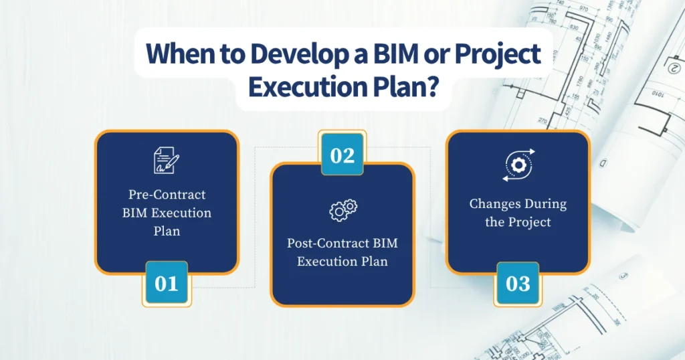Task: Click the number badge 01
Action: (167, 283)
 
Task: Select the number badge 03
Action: (517, 283)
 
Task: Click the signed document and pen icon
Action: (166, 161)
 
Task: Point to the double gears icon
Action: (342, 210)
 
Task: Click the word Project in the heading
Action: (498, 54)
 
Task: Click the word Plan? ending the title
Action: (408, 88)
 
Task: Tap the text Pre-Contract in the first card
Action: (167, 195)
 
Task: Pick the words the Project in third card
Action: (517, 221)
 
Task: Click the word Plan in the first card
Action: (167, 231)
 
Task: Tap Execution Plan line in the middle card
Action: (342, 261)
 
